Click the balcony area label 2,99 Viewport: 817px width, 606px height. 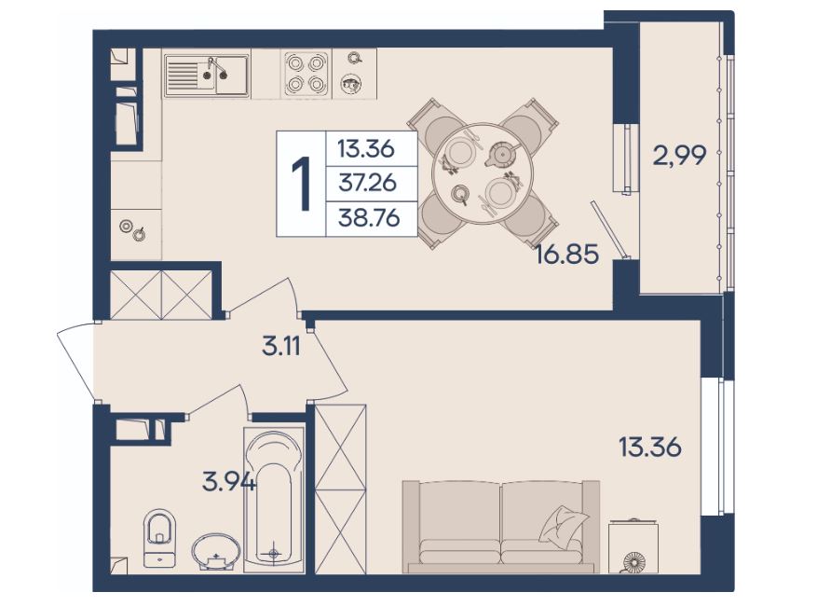[679, 155]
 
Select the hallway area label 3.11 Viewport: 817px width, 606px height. [281, 345]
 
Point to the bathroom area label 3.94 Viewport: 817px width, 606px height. [229, 481]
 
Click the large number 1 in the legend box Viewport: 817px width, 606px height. [301, 184]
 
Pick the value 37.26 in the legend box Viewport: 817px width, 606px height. [368, 183]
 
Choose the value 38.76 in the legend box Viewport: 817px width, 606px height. [369, 217]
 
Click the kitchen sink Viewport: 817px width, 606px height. [206, 76]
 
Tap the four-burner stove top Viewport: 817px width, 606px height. [306, 73]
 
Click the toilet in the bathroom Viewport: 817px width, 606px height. [160, 538]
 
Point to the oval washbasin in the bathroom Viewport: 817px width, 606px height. [216, 550]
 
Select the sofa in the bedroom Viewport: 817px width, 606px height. [500, 526]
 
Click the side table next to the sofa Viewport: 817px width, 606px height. [633, 546]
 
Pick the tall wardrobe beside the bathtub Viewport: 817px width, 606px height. [341, 489]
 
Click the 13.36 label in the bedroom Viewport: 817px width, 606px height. [649, 448]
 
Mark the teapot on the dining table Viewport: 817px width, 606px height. [501, 154]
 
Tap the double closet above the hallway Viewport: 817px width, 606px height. [161, 295]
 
